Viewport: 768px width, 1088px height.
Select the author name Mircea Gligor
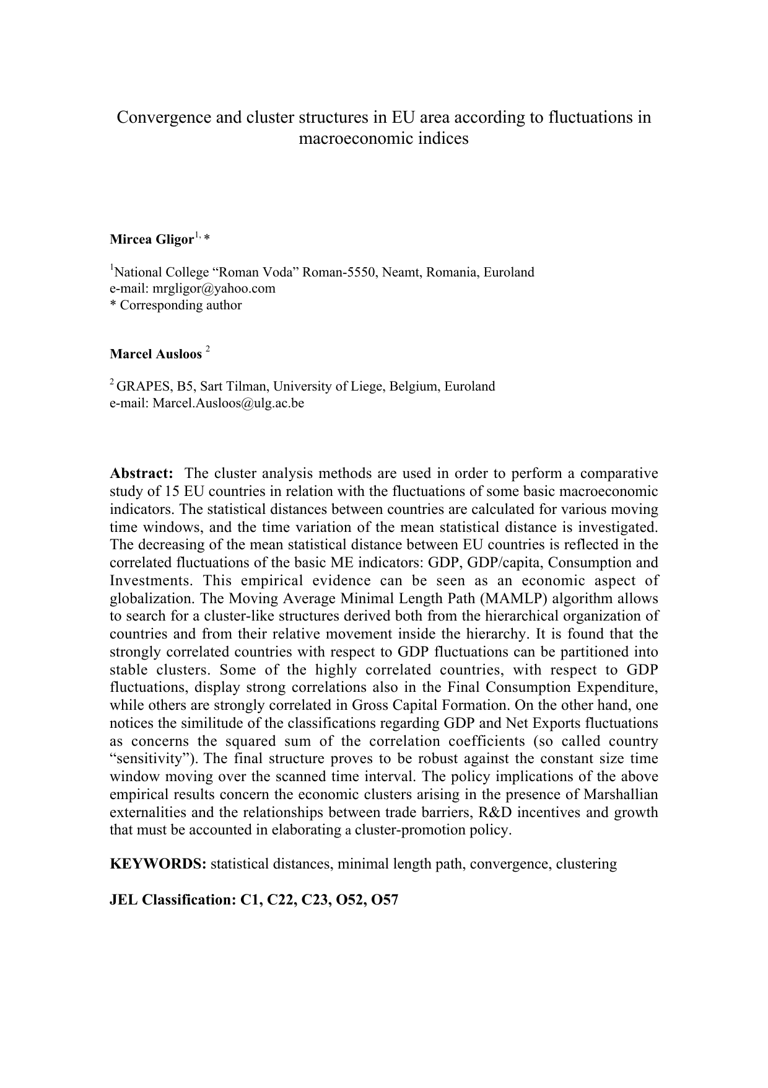152,239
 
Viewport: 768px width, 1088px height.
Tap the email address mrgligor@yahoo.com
214,288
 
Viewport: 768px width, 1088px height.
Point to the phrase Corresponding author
181,305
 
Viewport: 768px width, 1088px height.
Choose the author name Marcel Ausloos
156,355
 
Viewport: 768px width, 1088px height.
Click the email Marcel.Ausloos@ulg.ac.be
229,403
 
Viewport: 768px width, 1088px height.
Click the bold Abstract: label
142,474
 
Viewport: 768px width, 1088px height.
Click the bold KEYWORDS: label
158,864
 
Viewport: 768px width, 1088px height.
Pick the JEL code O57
383,900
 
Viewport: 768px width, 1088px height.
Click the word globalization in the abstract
146,599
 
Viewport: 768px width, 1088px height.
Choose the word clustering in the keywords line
586,864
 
